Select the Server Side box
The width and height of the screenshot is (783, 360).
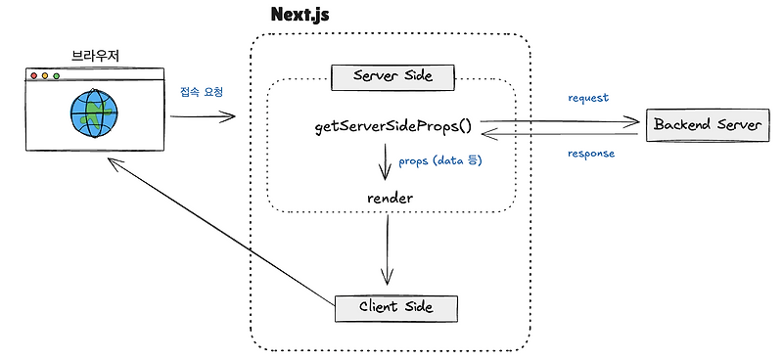pos(391,75)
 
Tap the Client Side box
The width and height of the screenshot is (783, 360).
pos(395,308)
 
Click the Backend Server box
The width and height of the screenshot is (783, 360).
pos(704,126)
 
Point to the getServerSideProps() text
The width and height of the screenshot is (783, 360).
pos(392,127)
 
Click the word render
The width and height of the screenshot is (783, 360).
pos(391,198)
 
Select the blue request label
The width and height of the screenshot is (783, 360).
pos(588,98)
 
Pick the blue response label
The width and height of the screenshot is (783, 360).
pos(591,154)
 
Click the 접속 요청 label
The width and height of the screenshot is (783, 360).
pos(202,92)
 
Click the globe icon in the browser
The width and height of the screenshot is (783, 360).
pos(92,112)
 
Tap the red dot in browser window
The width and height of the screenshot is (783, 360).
pos(33,75)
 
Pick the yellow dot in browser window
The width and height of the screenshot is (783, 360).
pos(45,75)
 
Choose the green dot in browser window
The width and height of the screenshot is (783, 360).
pos(57,75)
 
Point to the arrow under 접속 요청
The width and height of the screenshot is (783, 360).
pos(204,117)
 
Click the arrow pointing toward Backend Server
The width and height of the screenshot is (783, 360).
pos(558,122)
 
